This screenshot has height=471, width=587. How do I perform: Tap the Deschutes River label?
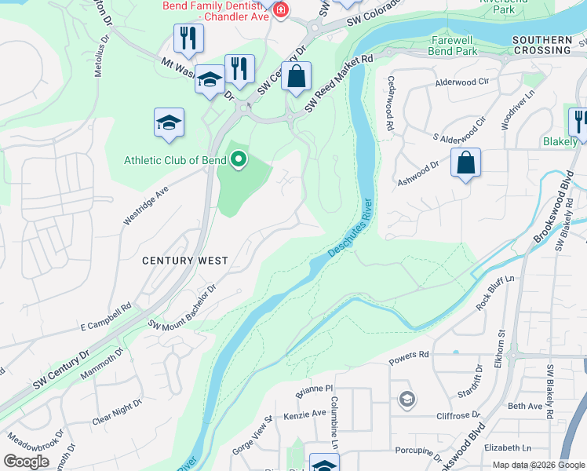[x=349, y=228]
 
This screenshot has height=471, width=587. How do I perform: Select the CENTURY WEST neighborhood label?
[x=184, y=261]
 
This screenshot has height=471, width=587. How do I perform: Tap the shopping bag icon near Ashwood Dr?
[x=466, y=163]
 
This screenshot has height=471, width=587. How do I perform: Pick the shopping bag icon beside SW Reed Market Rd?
[x=297, y=77]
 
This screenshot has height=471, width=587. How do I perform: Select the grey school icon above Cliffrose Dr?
[x=406, y=400]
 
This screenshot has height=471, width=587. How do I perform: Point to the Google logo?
[x=26, y=462]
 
